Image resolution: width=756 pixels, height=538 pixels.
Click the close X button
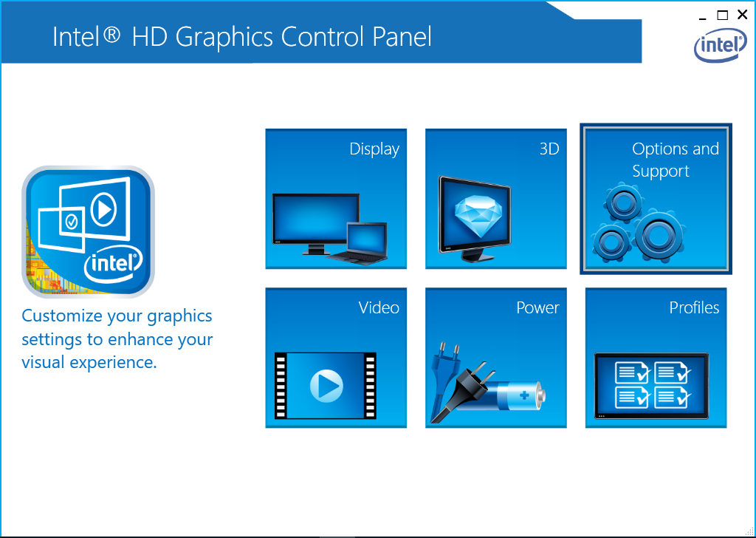pos(743,15)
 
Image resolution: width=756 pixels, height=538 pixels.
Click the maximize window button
pos(722,15)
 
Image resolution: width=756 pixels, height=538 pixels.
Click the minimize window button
pos(703,18)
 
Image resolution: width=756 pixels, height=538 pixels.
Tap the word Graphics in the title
pos(223,38)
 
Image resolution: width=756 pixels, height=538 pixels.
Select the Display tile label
pos(374,149)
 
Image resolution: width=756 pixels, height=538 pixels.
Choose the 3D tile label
pos(549,149)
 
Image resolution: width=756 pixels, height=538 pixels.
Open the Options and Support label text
pos(675,160)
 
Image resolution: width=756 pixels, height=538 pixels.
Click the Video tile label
pos(379,308)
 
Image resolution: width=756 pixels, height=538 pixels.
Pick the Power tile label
pos(537,308)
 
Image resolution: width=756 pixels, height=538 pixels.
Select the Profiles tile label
pos(694,308)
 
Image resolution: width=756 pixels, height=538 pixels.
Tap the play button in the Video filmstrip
pos(326,386)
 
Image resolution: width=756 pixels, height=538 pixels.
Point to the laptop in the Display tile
pos(359,243)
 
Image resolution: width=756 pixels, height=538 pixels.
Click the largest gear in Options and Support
pos(657,236)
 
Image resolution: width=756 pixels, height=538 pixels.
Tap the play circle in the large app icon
pos(103,209)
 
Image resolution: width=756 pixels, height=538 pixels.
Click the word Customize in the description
pos(62,316)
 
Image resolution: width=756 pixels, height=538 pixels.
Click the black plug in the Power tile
pos(462,391)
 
